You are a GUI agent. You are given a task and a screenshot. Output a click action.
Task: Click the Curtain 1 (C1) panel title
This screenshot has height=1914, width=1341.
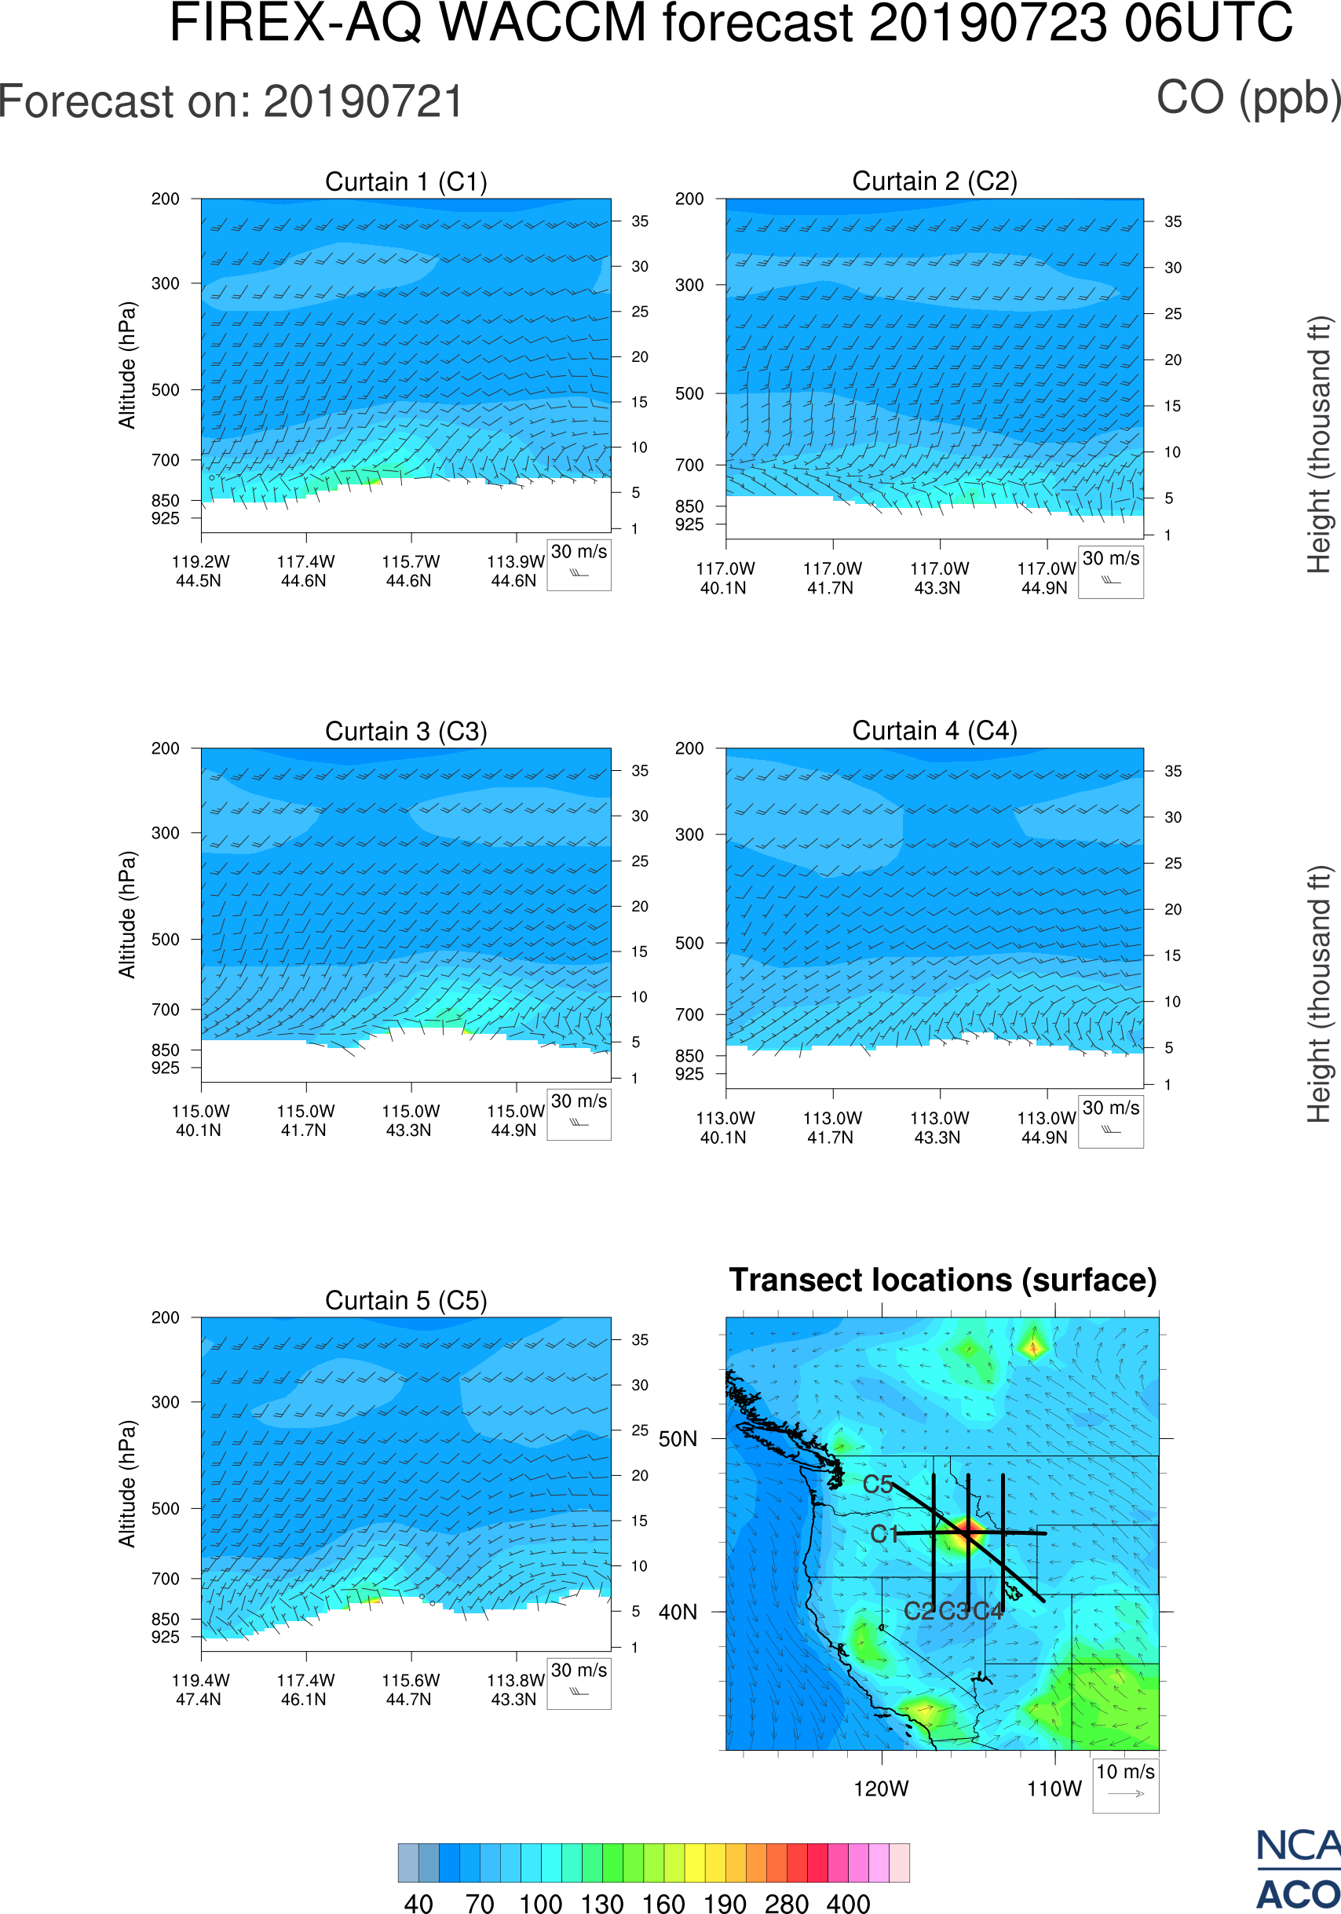(406, 181)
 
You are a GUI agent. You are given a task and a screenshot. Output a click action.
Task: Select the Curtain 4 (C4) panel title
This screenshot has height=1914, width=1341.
(934, 731)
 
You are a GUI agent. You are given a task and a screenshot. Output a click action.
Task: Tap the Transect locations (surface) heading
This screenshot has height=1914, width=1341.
(943, 1280)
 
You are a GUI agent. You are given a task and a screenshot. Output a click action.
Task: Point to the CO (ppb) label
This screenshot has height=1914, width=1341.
(1248, 98)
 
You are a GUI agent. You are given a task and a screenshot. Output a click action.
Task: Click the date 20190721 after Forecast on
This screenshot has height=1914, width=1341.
(364, 102)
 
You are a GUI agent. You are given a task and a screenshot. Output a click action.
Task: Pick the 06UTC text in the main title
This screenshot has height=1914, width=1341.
(1208, 23)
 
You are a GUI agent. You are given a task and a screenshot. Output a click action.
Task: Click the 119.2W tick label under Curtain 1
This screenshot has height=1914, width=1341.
(200, 562)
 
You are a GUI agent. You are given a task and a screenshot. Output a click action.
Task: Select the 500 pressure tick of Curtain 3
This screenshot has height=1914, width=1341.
(165, 940)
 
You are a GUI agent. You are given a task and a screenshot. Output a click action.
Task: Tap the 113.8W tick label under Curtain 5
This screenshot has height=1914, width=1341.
(515, 1681)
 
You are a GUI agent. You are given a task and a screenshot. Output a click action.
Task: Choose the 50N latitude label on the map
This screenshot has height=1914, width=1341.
(678, 1440)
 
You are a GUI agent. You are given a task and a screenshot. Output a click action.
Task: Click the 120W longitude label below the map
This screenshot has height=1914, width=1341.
(881, 1789)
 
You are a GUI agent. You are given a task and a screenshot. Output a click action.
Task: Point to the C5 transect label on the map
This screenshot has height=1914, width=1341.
(878, 1485)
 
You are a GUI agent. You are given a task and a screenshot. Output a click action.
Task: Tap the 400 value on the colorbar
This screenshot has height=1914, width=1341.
(848, 1903)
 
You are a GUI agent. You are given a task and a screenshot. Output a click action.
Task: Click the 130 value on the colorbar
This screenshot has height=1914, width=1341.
(601, 1903)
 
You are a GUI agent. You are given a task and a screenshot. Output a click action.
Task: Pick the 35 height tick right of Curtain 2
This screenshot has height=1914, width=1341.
(1173, 221)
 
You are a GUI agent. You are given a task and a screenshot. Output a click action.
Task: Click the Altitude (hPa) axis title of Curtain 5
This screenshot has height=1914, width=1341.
(126, 1484)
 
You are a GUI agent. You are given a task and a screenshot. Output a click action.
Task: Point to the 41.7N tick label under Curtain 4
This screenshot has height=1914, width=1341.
(830, 1138)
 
